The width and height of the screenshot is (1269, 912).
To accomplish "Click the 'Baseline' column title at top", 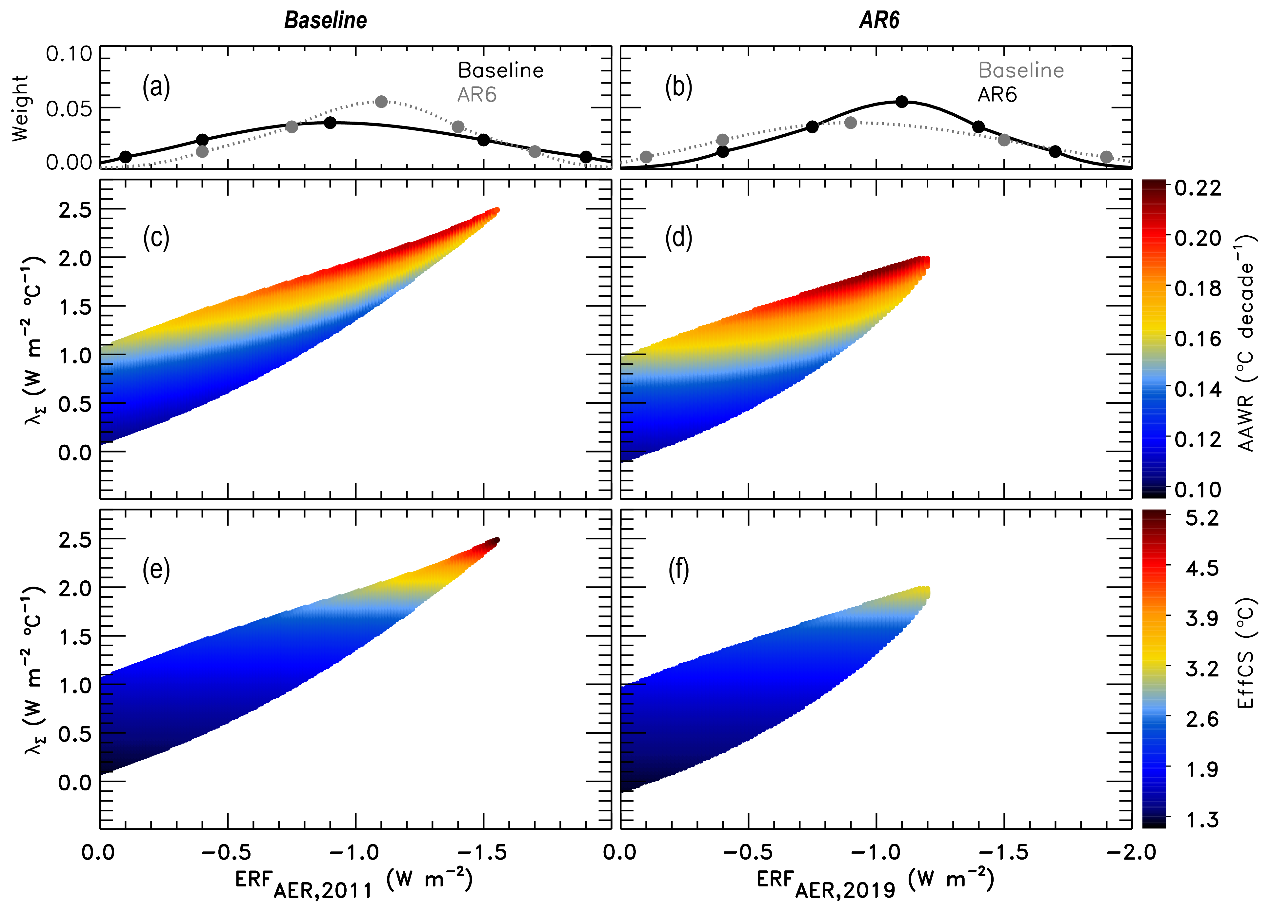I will [x=326, y=21].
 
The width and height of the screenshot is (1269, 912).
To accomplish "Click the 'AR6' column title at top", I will [x=879, y=21].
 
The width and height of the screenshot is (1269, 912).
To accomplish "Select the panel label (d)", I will [x=679, y=238].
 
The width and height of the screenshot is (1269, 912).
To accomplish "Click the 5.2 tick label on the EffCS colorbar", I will [x=1202, y=518].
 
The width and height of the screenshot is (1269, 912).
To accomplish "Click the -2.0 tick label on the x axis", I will [x=1133, y=852].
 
